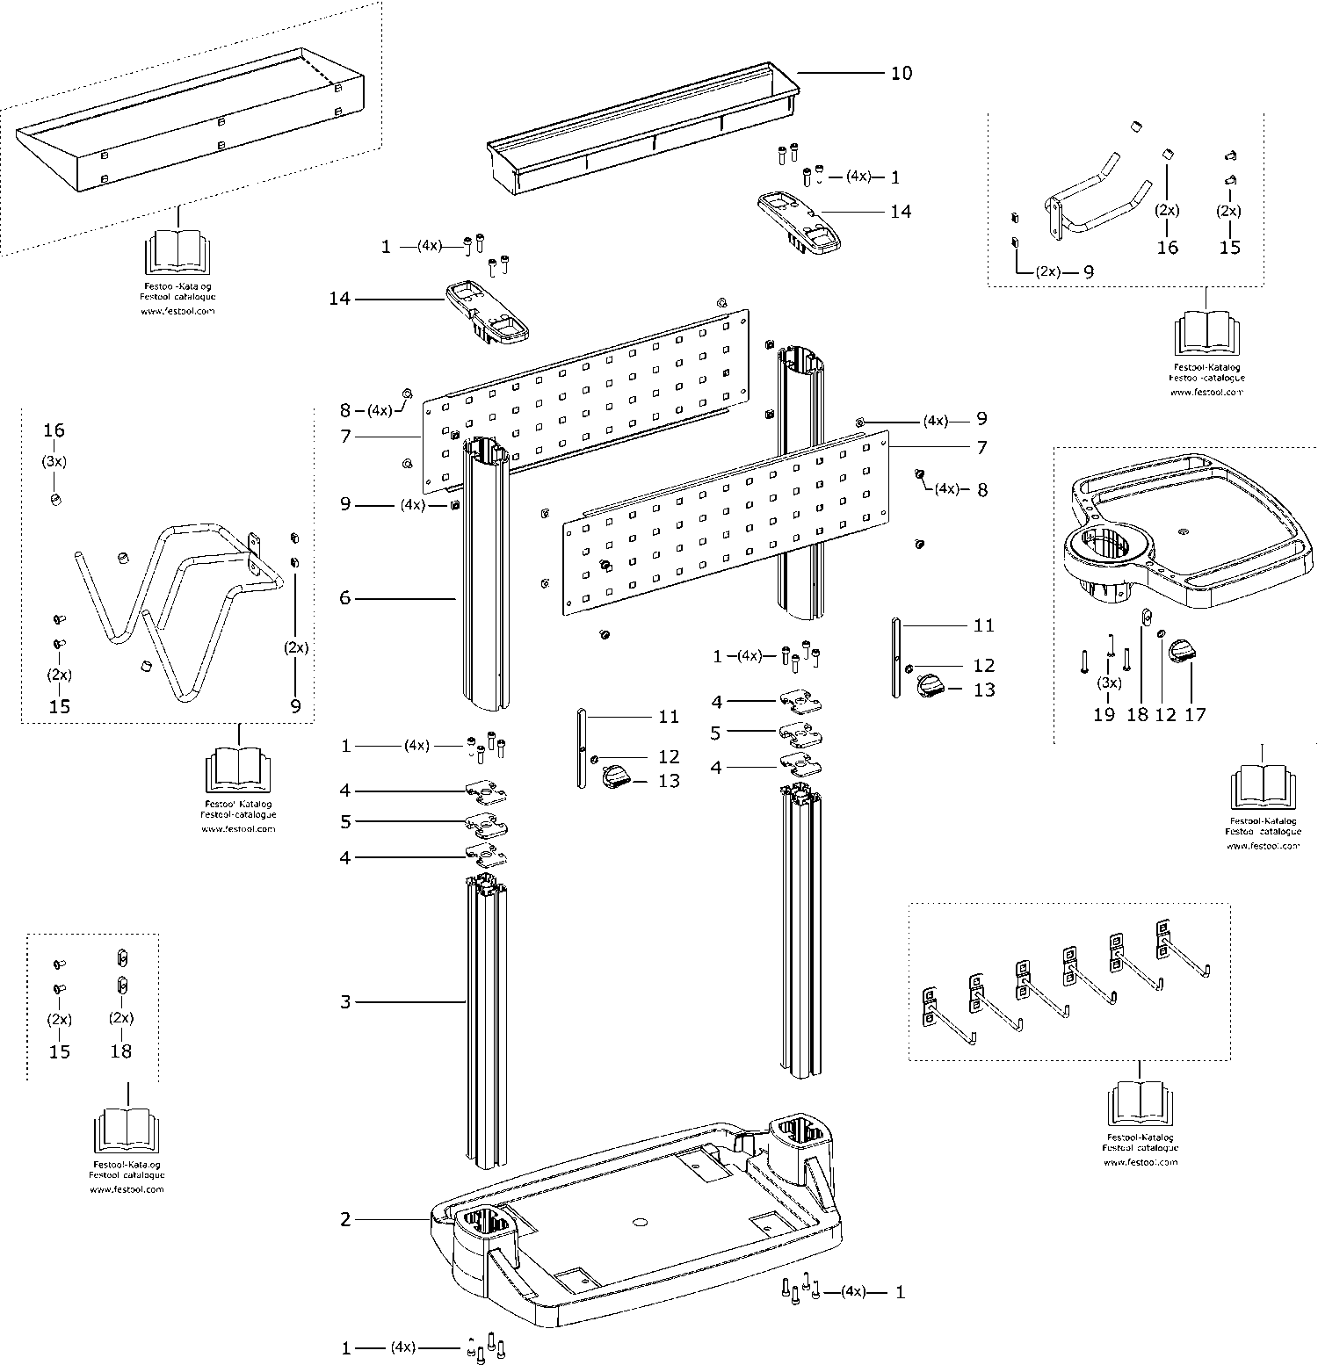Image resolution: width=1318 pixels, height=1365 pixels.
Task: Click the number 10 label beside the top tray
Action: pos(902,73)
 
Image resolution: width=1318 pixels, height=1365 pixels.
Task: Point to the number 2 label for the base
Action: pos(345,1219)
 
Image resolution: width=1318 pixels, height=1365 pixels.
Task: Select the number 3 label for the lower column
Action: pos(345,1001)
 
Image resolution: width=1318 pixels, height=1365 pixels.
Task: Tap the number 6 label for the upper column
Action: pos(345,598)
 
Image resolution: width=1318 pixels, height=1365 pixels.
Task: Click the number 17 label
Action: pos(1195,715)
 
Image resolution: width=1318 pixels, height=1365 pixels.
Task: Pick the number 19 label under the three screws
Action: pos(1104,715)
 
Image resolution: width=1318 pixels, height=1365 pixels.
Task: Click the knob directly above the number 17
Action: pos(1184,651)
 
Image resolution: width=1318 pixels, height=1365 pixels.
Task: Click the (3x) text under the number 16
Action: pos(54,461)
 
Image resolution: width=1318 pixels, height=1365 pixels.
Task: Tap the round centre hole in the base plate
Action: pos(639,1222)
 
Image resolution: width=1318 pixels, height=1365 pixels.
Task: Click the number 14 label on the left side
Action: pos(339,300)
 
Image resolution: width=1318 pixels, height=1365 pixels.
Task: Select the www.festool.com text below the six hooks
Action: pos(1140,1162)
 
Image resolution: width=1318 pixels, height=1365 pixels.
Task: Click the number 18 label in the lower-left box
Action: pos(121,1051)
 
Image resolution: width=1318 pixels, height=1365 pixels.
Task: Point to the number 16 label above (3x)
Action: pos(54,430)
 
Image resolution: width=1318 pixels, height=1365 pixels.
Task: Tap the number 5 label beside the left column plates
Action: pos(345,822)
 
